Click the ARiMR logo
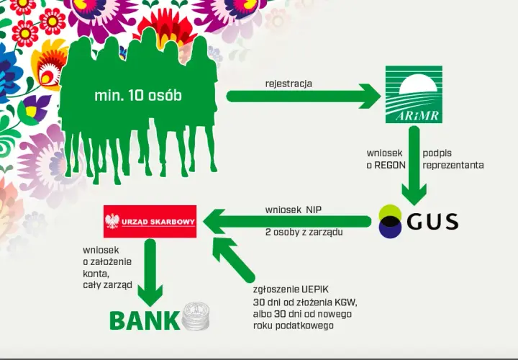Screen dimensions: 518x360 (x=414, y=94)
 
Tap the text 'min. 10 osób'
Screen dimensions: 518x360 (x=138, y=96)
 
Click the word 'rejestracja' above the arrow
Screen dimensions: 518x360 (x=288, y=84)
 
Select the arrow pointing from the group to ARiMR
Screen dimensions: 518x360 (x=304, y=96)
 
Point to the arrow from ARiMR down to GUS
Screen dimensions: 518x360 (x=414, y=166)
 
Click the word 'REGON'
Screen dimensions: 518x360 (x=390, y=166)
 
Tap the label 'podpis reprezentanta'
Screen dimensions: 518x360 (x=453, y=159)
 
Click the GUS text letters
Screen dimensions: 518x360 (x=432, y=222)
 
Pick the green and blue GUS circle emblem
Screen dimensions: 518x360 (x=390, y=221)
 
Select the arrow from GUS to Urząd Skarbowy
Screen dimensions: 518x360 (x=287, y=222)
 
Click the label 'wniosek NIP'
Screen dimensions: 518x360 (x=294, y=210)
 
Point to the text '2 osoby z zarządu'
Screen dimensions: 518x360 (x=304, y=232)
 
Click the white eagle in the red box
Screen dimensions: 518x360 (x=112, y=221)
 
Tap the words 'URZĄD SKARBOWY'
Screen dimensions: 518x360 (x=158, y=222)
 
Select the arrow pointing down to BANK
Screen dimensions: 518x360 (x=150, y=272)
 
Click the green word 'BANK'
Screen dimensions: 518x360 (x=145, y=320)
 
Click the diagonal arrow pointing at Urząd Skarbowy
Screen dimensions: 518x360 (x=234, y=260)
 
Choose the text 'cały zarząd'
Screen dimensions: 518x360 (x=108, y=285)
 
